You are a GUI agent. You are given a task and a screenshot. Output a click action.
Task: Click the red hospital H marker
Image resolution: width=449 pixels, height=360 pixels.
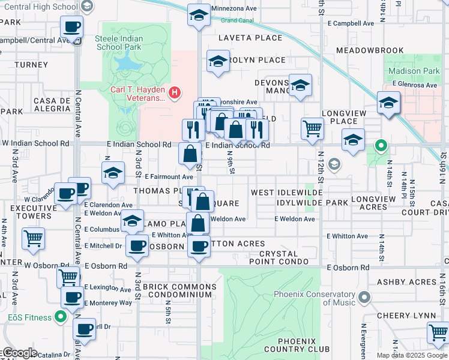[175, 92]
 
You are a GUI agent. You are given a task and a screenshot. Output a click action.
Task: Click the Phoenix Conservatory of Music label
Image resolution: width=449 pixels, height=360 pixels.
[314, 298]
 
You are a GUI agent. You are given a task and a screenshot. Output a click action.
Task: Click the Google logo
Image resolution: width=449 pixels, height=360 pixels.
[20, 353]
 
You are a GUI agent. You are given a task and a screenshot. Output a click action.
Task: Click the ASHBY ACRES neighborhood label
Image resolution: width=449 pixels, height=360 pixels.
[406, 282]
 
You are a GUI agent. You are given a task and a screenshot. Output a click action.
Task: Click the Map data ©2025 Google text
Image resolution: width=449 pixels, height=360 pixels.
[412, 355]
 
